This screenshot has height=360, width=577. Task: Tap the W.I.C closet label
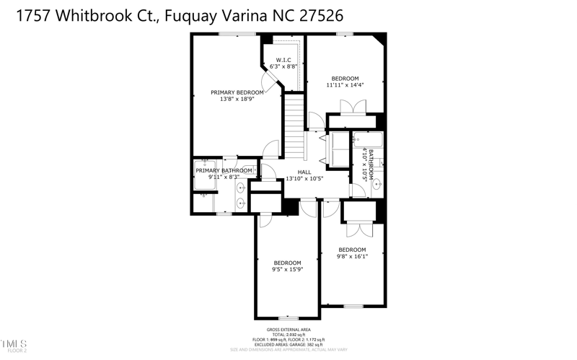point(283,60)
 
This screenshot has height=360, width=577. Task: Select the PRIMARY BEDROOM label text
point(237,92)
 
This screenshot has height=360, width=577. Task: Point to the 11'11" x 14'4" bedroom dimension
point(345,85)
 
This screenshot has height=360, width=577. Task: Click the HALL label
point(304,172)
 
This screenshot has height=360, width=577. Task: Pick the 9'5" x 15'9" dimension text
point(287,270)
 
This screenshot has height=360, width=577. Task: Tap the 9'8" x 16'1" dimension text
point(353,256)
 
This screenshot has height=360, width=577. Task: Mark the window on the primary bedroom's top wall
point(229,34)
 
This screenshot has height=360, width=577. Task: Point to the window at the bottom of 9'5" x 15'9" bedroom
point(288,318)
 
